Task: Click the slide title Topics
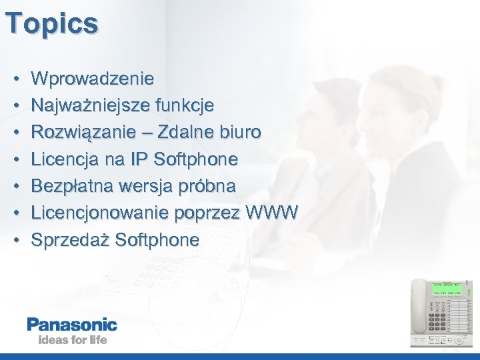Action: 51,24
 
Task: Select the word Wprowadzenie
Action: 93,79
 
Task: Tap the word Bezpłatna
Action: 75,186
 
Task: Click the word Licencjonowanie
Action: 99,213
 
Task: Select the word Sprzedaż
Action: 70,239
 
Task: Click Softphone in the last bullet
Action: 157,239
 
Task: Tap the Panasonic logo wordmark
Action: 72,325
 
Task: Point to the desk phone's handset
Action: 419,307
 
